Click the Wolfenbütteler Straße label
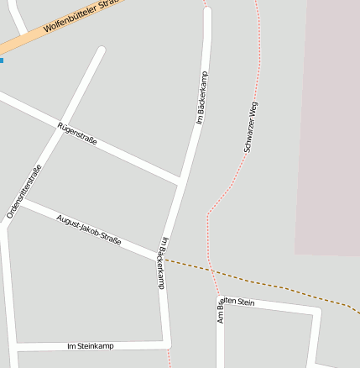(83, 15)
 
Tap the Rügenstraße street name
(77, 134)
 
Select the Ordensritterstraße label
(24, 192)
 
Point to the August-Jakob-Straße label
(88, 230)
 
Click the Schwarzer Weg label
(251, 127)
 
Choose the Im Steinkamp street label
(90, 346)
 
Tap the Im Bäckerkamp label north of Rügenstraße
(201, 97)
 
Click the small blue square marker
(2, 60)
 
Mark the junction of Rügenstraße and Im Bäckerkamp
(180, 180)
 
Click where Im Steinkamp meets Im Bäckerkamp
(169, 344)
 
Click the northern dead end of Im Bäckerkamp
(207, 12)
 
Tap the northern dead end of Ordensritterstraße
(102, 50)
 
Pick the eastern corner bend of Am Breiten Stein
(317, 311)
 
